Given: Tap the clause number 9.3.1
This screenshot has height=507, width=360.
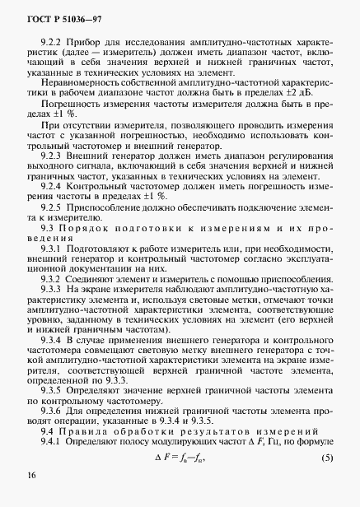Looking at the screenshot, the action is coord(55,272).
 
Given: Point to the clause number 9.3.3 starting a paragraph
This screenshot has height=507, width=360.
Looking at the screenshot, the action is coord(55,315).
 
